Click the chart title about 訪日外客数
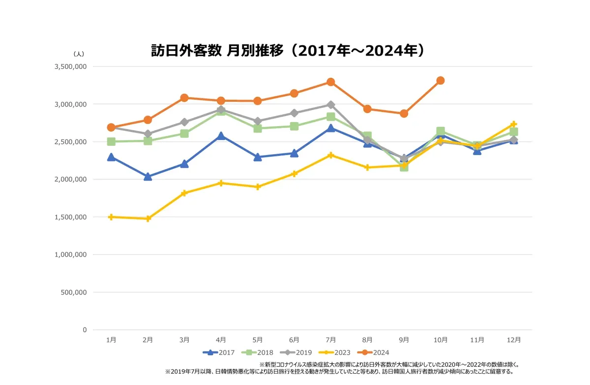point(288,51)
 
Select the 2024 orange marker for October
point(441,80)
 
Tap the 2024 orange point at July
point(331,82)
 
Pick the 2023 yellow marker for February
point(148,219)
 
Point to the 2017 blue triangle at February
point(148,177)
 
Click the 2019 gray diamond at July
point(331,105)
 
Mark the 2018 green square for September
point(404,167)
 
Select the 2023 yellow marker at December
point(514,124)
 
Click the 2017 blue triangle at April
point(221,136)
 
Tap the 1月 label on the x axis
point(112,340)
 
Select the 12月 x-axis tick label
point(514,340)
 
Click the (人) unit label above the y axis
point(79,53)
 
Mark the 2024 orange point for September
point(404,113)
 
